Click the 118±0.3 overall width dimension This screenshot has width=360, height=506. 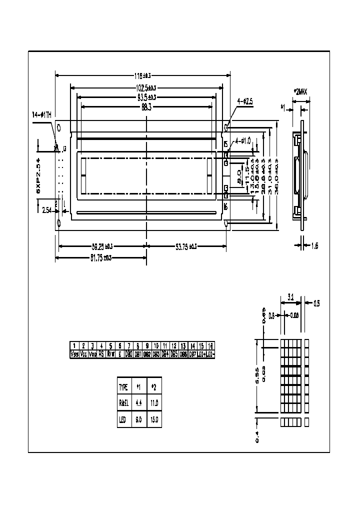pyautogui.click(x=142, y=75)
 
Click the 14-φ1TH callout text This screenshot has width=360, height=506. pyautogui.click(x=41, y=114)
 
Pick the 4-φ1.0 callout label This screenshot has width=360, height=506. pyautogui.click(x=242, y=140)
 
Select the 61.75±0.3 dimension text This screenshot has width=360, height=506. pyautogui.click(x=101, y=257)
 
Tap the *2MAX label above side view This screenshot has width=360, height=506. pyautogui.click(x=301, y=91)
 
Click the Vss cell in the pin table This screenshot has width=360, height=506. pyautogui.click(x=74, y=354)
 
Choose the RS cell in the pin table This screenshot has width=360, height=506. pyautogui.click(x=101, y=354)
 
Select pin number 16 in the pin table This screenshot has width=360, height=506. pyautogui.click(x=210, y=346)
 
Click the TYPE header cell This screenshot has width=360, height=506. pyautogui.click(x=123, y=387)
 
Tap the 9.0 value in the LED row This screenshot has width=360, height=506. pyautogui.click(x=138, y=419)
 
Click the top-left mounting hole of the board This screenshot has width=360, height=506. pyautogui.click(x=59, y=127)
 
